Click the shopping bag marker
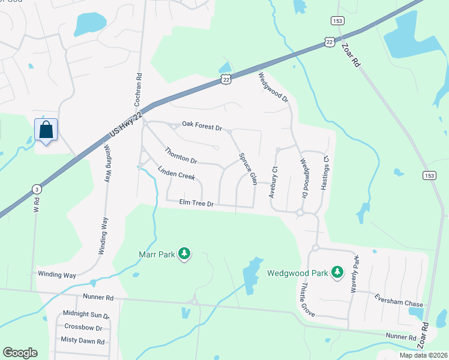pyautogui.click(x=46, y=130)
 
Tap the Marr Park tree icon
pyautogui.click(x=185, y=254)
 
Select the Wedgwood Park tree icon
pyautogui.click(x=337, y=273)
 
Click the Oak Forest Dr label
pyautogui.click(x=202, y=128)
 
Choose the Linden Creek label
pyautogui.click(x=176, y=173)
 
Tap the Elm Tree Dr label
pyautogui.click(x=196, y=204)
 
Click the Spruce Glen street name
pyautogui.click(x=248, y=169)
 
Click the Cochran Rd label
pyautogui.click(x=139, y=86)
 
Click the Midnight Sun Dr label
pyautogui.click(x=86, y=314)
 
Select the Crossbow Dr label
pyautogui.click(x=86, y=328)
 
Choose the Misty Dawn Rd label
pyautogui.click(x=83, y=341)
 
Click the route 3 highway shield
pyautogui.click(x=37, y=189)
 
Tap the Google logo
pyautogui.click(x=20, y=353)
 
